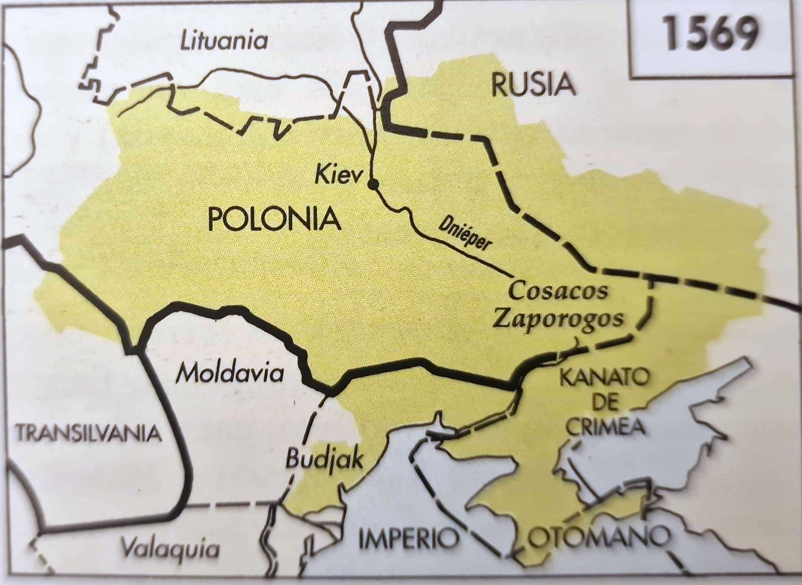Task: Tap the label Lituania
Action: click(224, 42)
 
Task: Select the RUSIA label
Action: click(533, 85)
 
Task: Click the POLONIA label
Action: click(274, 219)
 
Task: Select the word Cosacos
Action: click(558, 291)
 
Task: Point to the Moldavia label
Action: click(231, 373)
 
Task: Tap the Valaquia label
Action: click(169, 559)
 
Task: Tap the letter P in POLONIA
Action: click(216, 219)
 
